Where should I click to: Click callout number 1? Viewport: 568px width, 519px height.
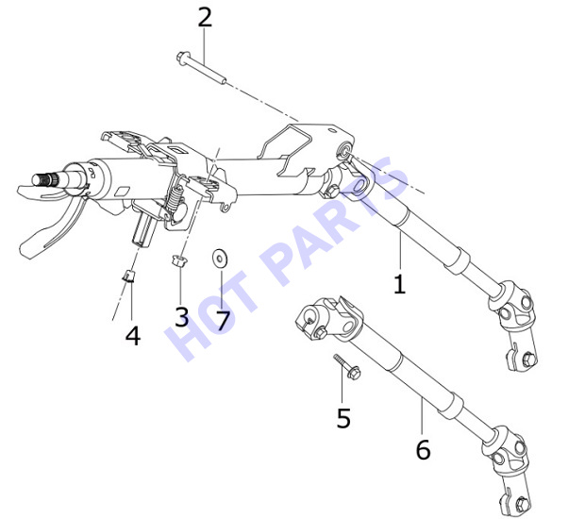pos(399,284)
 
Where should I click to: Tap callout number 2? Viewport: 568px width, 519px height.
pos(205,17)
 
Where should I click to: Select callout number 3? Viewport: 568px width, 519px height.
pos(181,316)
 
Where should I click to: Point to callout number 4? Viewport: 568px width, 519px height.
pos(133,335)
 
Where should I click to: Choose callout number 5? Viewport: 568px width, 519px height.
pos(343,418)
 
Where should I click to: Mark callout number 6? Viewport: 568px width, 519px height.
pos(423,449)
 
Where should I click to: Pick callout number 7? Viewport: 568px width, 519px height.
pos(223,321)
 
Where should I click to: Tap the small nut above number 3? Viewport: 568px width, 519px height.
pos(178,260)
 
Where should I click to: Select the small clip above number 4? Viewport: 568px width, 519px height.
pos(129,276)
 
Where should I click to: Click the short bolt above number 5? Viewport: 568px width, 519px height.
pos(346,366)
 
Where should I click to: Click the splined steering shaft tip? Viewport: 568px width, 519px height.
pos(45,179)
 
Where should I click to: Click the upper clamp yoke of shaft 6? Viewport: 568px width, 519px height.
pos(327,318)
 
